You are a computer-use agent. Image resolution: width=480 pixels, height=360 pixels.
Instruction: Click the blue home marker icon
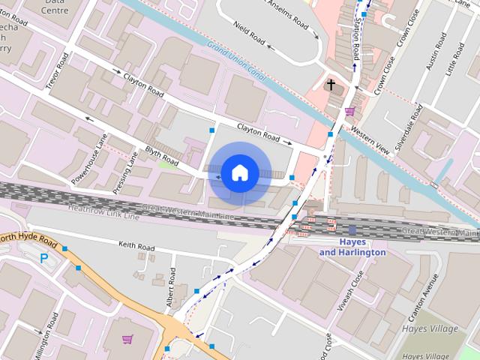(x=238, y=173)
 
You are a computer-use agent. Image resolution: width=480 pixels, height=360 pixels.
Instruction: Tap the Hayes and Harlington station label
(x=352, y=247)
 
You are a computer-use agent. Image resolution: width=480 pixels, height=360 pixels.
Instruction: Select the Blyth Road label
(x=162, y=156)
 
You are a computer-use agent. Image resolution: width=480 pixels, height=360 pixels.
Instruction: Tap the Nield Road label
(x=250, y=27)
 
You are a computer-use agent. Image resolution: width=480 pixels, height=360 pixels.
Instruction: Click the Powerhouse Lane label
(x=90, y=160)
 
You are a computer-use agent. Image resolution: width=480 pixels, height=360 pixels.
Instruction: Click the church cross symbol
(x=331, y=85)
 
